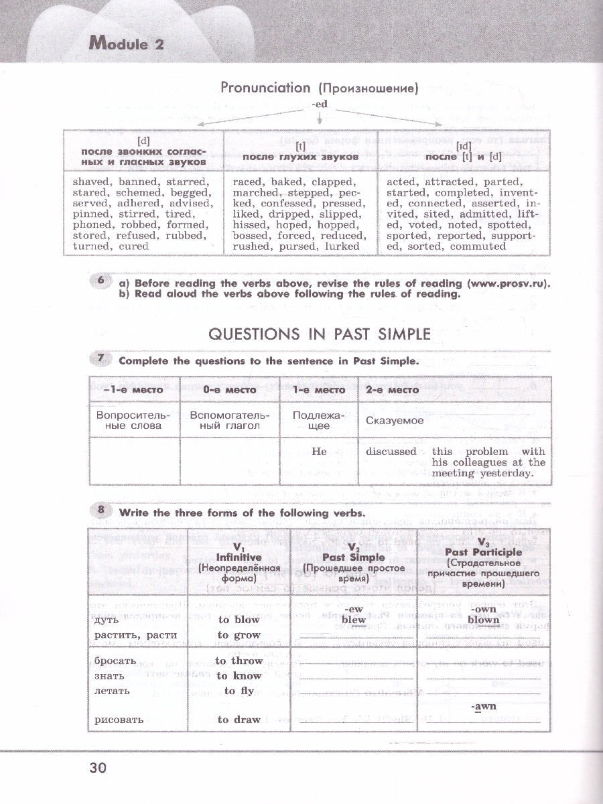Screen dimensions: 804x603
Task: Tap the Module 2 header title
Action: point(127,45)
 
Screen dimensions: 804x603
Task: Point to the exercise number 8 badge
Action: point(100,511)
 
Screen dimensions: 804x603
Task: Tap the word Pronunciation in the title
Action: point(265,88)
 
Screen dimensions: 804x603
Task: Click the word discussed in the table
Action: point(391,452)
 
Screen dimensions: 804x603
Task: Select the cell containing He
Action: point(320,452)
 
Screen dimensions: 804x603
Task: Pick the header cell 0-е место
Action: point(229,389)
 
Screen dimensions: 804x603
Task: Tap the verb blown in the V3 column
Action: point(483,620)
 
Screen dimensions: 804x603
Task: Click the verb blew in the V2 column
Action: point(354,620)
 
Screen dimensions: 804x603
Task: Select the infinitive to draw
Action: point(239,720)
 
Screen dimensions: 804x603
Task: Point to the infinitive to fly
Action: point(239,691)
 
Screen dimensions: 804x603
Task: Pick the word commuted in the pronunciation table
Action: point(478,246)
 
